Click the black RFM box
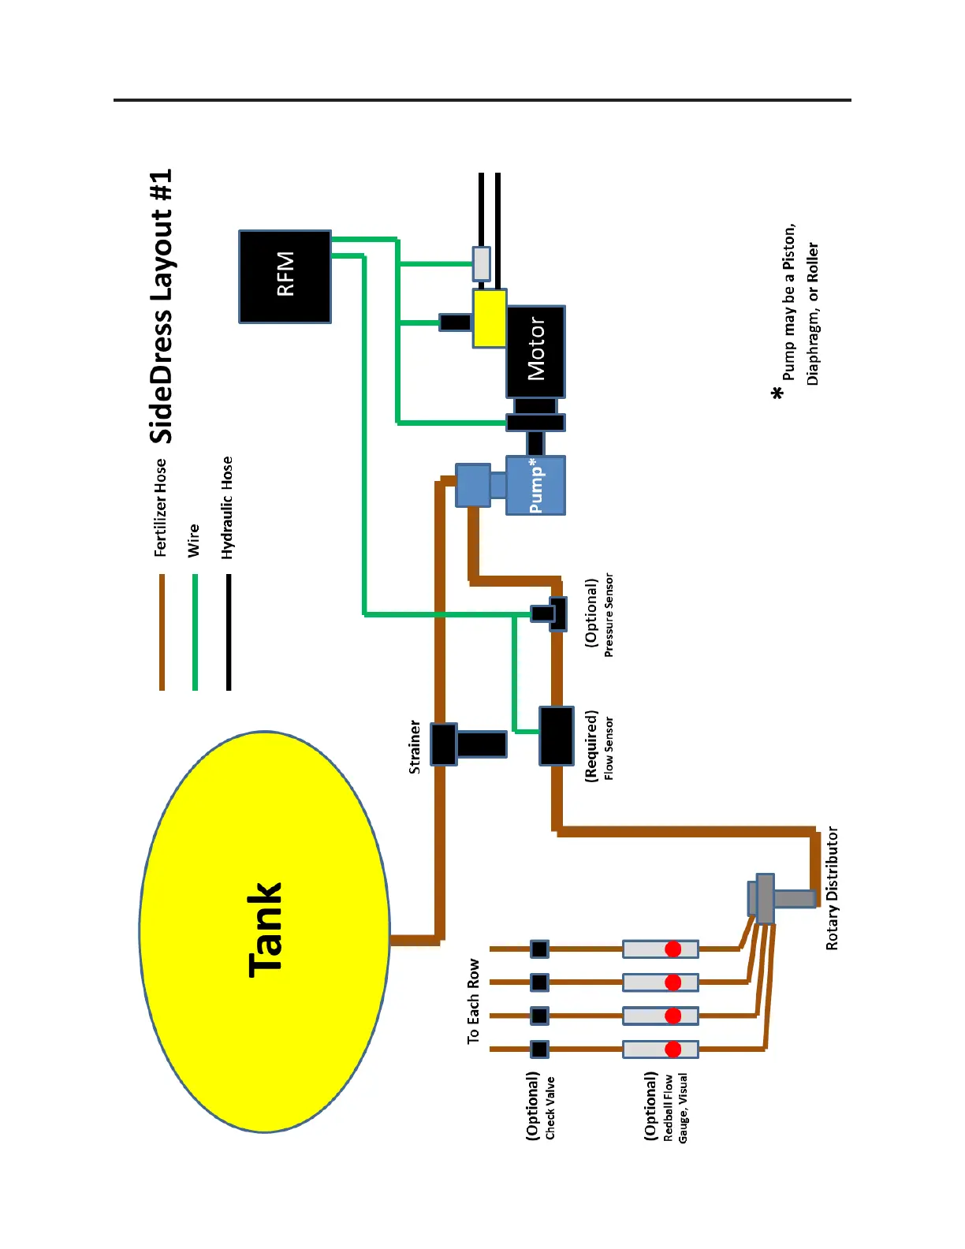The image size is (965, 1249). click(x=285, y=276)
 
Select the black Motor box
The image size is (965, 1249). click(x=535, y=351)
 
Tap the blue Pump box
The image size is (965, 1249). click(x=535, y=485)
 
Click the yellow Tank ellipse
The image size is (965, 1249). click(x=264, y=931)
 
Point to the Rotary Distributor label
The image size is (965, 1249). click(x=833, y=888)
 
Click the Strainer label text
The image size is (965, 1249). click(x=415, y=746)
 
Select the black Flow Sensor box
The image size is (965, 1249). click(x=557, y=736)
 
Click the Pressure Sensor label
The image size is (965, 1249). click(x=599, y=614)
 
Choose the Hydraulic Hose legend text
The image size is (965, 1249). click(x=228, y=507)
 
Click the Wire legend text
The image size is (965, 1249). click(x=194, y=540)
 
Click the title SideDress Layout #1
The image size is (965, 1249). click(x=162, y=306)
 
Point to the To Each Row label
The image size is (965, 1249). click(x=473, y=1001)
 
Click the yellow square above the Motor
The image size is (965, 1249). click(x=490, y=319)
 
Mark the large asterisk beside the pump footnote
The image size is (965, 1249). click(x=779, y=392)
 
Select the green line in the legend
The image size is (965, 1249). click(x=195, y=632)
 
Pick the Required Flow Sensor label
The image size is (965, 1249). click(x=599, y=746)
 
